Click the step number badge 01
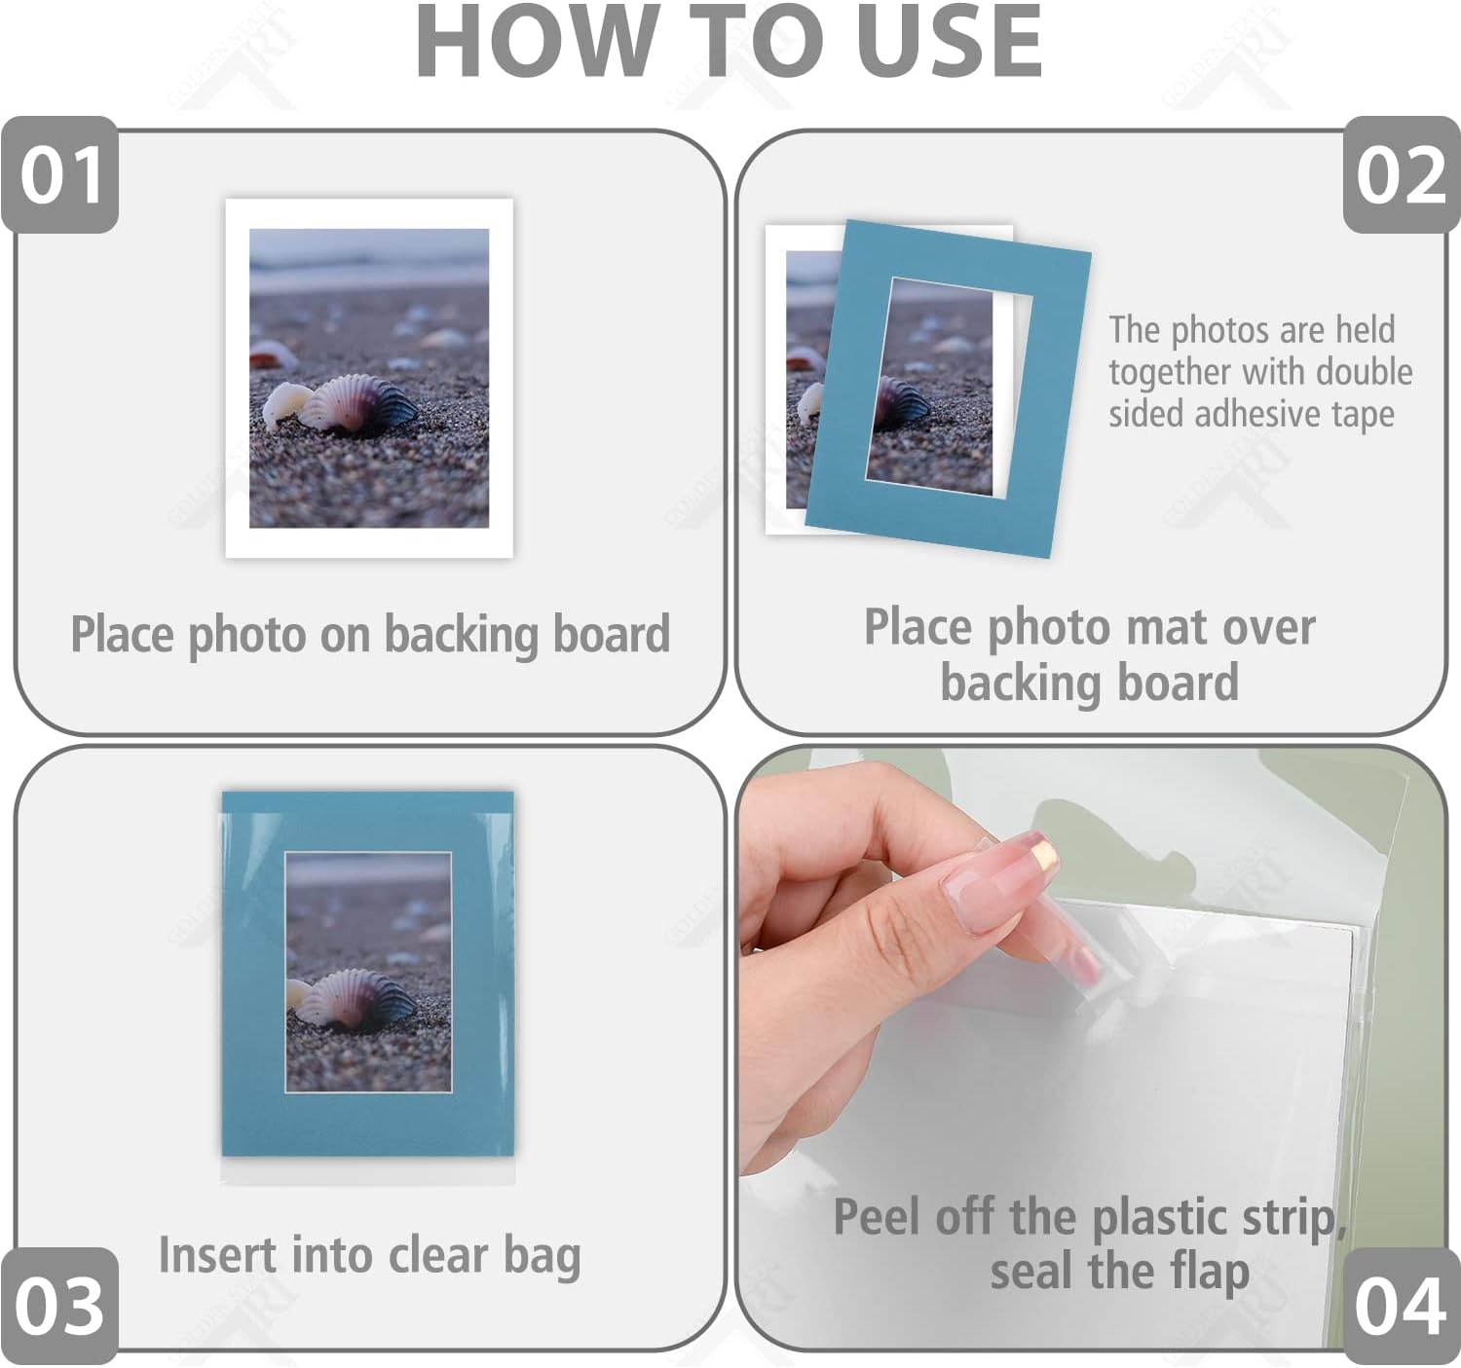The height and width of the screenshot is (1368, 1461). tap(60, 175)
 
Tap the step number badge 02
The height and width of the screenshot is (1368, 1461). tap(1401, 175)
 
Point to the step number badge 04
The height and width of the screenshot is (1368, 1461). tap(1401, 1307)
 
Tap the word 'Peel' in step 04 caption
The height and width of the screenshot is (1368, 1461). tap(879, 1217)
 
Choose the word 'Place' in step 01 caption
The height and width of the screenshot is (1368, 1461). tap(123, 633)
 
